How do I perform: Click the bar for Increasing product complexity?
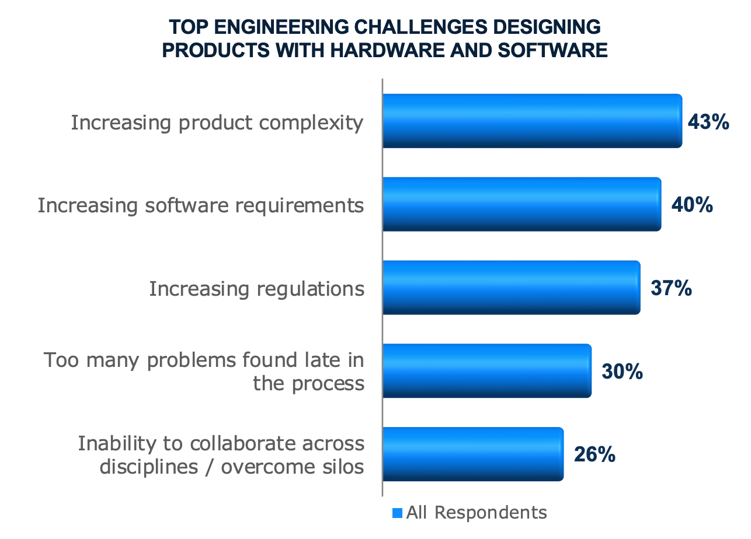532,121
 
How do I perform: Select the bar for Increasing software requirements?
521,204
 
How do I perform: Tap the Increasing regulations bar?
511,288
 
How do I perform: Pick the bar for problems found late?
486,371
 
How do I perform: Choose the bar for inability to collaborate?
472,454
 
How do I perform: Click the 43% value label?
708,122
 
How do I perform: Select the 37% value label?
671,289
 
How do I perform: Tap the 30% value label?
622,372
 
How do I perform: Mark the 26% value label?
594,455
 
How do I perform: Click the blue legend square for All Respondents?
398,513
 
